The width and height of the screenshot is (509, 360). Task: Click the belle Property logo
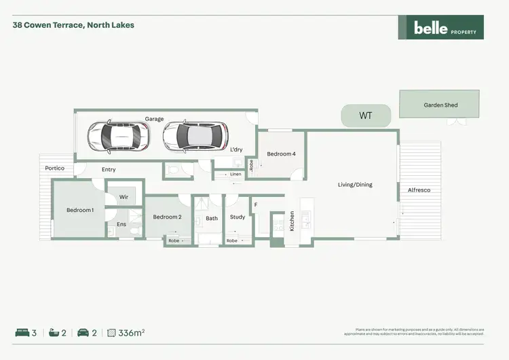440,27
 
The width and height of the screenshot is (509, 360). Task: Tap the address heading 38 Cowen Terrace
73,25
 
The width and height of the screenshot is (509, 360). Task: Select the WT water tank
366,116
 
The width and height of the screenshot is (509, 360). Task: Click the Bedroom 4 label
281,154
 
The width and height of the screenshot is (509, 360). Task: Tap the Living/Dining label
355,184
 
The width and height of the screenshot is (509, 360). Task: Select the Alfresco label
419,190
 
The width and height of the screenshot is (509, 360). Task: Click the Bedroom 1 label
80,210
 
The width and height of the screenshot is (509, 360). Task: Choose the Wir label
124,197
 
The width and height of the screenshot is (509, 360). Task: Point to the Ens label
121,223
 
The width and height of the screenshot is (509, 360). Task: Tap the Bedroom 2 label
167,217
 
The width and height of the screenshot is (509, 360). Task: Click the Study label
238,217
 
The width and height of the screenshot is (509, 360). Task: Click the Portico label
54,168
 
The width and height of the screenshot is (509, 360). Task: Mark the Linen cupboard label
235,175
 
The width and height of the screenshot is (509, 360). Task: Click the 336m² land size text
132,333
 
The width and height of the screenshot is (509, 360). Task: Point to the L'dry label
236,149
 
